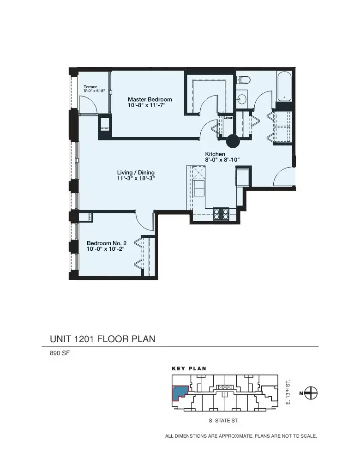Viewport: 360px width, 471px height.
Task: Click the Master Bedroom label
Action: tap(150, 99)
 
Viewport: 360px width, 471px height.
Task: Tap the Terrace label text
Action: tap(90, 87)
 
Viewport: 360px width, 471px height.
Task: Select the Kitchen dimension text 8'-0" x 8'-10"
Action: tap(222, 160)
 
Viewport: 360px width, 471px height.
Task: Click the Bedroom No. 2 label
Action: tap(106, 242)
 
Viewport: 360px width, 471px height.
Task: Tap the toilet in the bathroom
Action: tap(243, 80)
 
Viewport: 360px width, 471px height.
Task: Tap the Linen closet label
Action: tap(228, 118)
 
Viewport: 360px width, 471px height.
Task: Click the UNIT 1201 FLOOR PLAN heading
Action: tap(102, 339)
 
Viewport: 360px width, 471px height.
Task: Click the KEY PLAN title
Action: tap(189, 368)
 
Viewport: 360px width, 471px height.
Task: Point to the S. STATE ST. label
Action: tap(223, 421)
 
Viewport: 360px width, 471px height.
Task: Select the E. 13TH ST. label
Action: tap(288, 392)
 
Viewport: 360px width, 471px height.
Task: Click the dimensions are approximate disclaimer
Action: tap(241, 435)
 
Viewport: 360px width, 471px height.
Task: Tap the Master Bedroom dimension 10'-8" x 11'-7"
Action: tap(146, 105)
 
